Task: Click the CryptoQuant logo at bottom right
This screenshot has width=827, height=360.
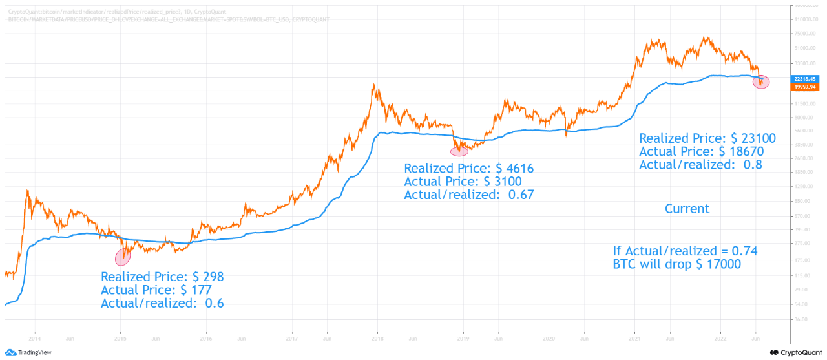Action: click(x=796, y=352)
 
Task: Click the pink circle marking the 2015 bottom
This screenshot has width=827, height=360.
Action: click(x=123, y=257)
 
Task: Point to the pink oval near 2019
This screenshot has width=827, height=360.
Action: click(x=459, y=151)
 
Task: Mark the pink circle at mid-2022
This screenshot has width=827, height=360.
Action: click(x=762, y=82)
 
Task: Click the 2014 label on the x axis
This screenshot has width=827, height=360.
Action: click(x=35, y=338)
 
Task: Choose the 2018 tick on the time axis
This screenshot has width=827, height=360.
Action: click(x=377, y=338)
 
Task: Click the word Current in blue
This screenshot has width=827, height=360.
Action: click(x=687, y=209)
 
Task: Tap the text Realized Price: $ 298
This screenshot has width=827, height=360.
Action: click(x=162, y=277)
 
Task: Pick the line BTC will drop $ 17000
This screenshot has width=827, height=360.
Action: click(x=677, y=264)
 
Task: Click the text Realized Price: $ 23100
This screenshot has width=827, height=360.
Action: click(x=707, y=138)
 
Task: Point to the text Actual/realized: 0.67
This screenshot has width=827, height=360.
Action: click(x=469, y=195)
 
